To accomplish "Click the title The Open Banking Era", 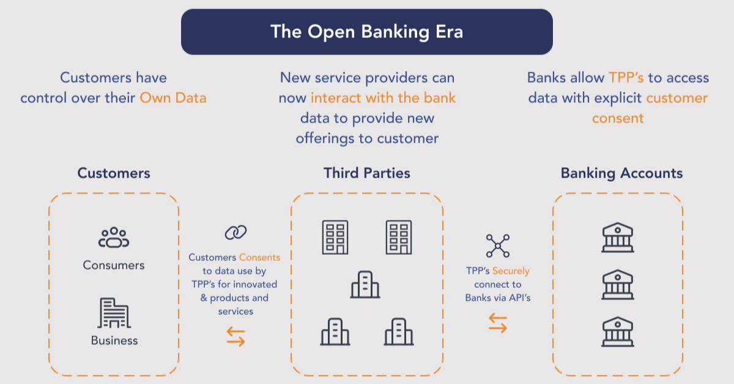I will [366, 32].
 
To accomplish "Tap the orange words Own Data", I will [173, 98].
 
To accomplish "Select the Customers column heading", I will [114, 173].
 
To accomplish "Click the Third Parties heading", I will [367, 173].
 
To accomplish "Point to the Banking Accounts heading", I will [621, 173].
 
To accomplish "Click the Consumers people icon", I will [114, 238].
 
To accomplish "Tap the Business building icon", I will [114, 314].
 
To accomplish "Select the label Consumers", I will [114, 265].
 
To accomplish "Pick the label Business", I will [114, 341].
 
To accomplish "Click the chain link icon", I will [235, 233].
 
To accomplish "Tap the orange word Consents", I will [259, 258].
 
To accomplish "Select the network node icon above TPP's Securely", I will [497, 246].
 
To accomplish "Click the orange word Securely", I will [511, 271].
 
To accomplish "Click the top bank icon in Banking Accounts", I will [618, 238].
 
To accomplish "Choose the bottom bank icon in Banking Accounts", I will [618, 331].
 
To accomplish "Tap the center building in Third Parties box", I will [365, 285].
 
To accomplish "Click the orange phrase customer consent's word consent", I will [618, 118].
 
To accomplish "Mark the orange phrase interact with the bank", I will [384, 98].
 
